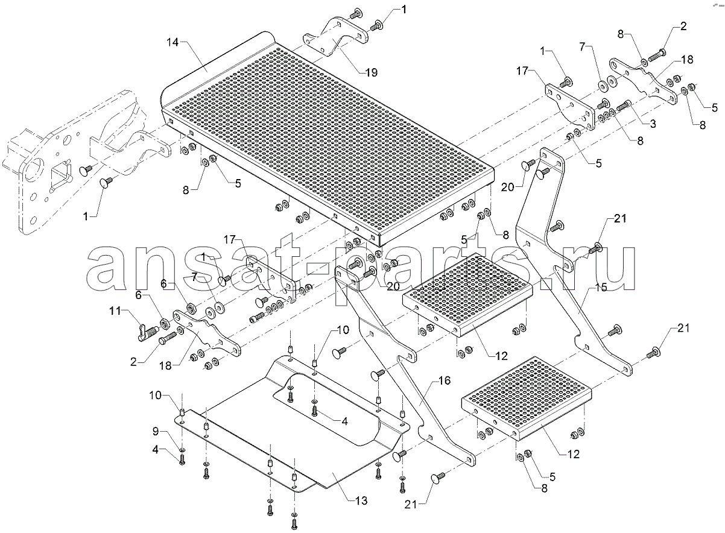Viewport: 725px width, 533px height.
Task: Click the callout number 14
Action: tap(173, 42)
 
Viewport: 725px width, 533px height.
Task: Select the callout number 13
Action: tap(361, 501)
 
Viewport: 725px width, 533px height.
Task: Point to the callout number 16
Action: tap(444, 380)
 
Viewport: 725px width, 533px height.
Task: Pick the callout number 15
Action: tap(601, 288)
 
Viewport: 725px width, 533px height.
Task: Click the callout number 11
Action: tap(115, 311)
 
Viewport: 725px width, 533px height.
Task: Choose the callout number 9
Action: tap(156, 431)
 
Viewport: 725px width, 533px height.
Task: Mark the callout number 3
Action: tap(653, 124)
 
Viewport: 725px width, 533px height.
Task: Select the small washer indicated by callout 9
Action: tap(182, 450)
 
